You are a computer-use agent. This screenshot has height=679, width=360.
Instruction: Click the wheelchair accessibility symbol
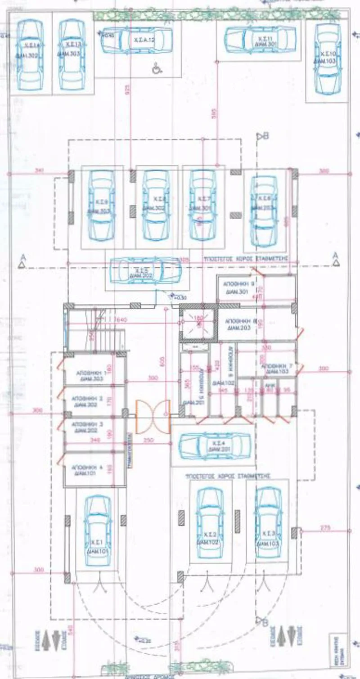tap(157, 68)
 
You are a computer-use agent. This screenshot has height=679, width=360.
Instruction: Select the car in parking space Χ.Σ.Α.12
tap(137, 40)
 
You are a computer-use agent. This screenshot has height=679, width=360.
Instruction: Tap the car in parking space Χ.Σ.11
tap(260, 40)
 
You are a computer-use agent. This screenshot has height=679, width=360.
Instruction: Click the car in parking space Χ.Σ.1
tap(98, 531)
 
